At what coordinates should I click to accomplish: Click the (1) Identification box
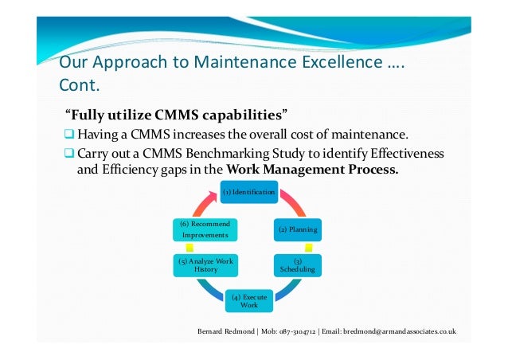249,193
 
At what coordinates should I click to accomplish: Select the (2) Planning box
297,230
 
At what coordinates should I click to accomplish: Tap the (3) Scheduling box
297,265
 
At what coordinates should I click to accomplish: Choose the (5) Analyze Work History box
201,265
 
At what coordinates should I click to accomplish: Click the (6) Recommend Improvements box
201,230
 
